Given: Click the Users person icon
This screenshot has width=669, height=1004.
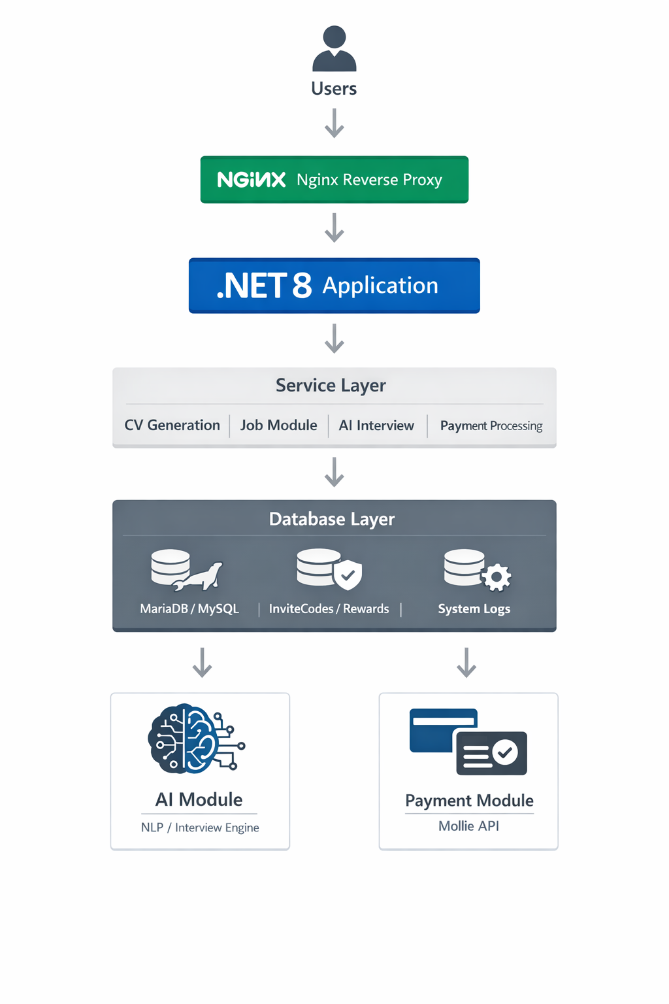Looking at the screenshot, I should pos(334,49).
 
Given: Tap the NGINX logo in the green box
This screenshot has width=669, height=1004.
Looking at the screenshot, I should pos(251,180).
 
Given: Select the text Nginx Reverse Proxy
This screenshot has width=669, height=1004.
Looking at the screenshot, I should pos(369,180).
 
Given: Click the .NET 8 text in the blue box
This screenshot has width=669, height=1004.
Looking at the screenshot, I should pos(264,286).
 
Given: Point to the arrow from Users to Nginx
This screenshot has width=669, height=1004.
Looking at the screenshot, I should pos(334,123).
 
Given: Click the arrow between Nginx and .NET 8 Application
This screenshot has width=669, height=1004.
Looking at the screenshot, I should pos(334,227).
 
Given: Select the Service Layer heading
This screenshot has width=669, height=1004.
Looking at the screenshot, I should pos(331,386).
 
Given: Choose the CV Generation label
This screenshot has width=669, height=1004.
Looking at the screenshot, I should pos(172,426).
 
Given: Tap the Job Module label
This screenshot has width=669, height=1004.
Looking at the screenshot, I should pos(278,426).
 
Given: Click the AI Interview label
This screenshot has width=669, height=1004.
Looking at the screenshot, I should pos(376,426).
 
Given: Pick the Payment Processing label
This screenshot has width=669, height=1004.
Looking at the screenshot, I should pos(491,426).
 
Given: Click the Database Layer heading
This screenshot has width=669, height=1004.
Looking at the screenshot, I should pos(332,519).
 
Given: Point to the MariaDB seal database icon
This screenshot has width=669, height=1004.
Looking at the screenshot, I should pos(186,570).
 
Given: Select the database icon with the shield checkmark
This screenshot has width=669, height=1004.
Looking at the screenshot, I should pos(329,569).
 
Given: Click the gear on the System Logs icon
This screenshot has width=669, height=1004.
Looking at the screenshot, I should pos(497,577).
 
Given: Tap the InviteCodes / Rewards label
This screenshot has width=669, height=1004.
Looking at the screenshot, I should pos(329,609).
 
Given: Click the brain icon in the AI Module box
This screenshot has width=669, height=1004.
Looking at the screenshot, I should pos(195,739).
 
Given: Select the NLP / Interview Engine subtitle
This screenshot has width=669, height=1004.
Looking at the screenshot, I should pos(200,828).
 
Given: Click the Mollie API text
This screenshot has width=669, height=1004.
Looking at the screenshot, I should pos(468,826).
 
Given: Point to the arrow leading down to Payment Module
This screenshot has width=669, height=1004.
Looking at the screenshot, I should pos(466,662).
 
